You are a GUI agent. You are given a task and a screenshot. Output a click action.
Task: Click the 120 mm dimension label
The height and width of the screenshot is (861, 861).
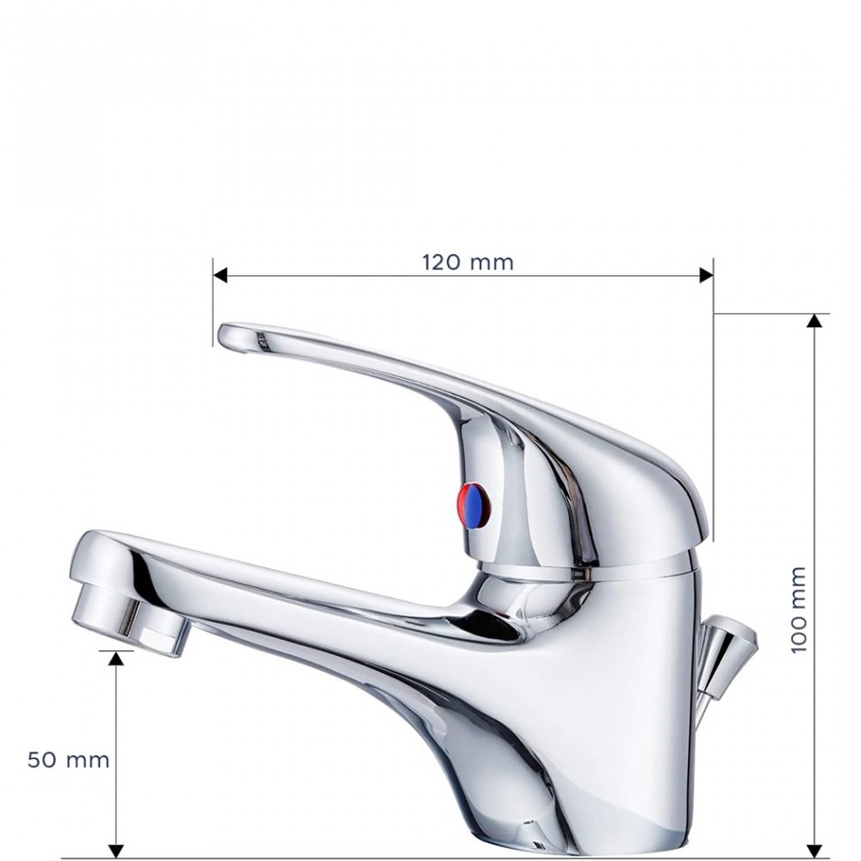coord(468,262)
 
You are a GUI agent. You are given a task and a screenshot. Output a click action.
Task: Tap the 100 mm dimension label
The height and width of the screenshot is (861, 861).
coord(798,609)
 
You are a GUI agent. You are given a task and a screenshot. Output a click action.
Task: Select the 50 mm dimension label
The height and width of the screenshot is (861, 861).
coord(69,760)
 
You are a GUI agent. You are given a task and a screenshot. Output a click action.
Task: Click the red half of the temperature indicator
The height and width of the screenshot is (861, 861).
coord(466,505)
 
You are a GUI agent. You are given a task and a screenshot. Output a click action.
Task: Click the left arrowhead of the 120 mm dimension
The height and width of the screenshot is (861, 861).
coord(220,276)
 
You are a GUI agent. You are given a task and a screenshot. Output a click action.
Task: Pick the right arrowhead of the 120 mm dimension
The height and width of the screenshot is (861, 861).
coord(706,276)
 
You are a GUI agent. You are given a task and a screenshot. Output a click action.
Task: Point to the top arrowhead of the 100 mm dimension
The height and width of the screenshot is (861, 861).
coord(815,321)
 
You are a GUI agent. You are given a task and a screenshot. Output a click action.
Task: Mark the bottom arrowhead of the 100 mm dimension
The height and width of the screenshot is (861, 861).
coord(815,851)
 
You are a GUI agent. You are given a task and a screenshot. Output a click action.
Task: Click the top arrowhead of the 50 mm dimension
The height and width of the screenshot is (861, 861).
coord(116,658)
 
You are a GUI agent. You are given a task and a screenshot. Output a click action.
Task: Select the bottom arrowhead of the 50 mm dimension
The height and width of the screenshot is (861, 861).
coord(116,851)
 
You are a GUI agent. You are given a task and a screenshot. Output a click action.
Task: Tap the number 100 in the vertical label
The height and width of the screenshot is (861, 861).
coord(798,633)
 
